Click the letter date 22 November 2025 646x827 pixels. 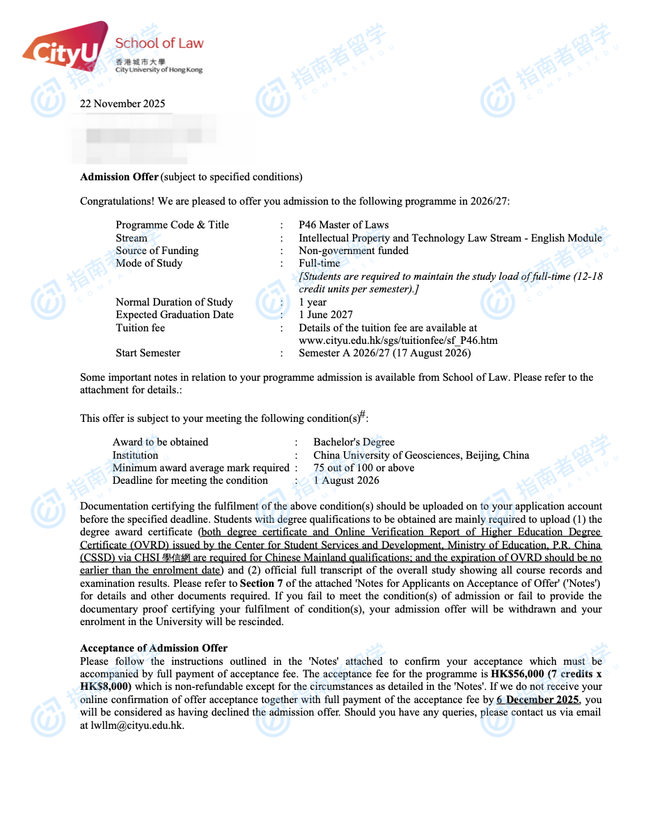pyautogui.click(x=123, y=104)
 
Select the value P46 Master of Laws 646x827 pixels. pyautogui.click(x=343, y=225)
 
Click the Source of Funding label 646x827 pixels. pyautogui.click(x=157, y=251)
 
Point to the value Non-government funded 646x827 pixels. pyautogui.click(x=354, y=251)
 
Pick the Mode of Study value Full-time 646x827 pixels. pyautogui.click(x=320, y=263)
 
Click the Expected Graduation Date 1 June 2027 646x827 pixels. pyautogui.click(x=326, y=315)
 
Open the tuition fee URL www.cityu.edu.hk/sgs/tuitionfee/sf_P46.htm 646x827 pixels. pyautogui.click(x=398, y=340)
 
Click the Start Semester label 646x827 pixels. pyautogui.click(x=148, y=353)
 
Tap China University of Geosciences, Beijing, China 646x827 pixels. pyautogui.click(x=421, y=455)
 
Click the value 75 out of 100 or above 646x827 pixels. pyautogui.click(x=363, y=468)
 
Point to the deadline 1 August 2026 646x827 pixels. pyautogui.click(x=346, y=480)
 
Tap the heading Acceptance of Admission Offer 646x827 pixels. pyautogui.click(x=154, y=648)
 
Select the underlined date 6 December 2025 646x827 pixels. pyautogui.click(x=538, y=700)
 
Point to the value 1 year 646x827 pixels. pyautogui.click(x=313, y=302)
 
